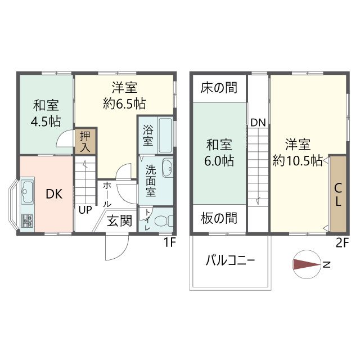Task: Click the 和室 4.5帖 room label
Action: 46,113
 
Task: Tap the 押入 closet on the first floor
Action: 85,141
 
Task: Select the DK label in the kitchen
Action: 54,195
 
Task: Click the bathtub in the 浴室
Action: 165,135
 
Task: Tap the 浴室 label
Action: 147,136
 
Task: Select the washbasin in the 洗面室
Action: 167,168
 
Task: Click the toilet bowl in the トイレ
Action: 164,220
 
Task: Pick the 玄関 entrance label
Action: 119,220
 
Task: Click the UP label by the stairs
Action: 85,210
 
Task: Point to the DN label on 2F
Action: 258,123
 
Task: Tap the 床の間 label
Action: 219,88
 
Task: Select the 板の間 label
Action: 219,218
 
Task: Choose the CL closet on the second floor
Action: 338,195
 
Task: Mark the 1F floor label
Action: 170,244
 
